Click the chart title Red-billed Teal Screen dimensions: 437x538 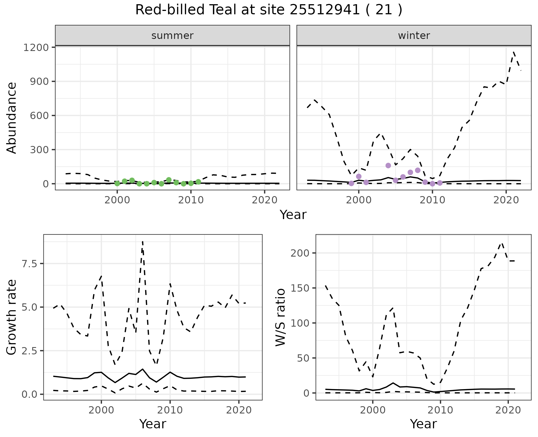click(x=268, y=10)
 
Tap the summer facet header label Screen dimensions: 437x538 click(x=172, y=36)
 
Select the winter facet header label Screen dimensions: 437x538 click(x=414, y=36)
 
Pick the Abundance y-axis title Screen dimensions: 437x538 click(x=12, y=118)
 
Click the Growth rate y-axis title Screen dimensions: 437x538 click(x=12, y=317)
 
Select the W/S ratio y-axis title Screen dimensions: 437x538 click(x=280, y=317)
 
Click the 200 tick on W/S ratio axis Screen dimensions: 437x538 click(x=300, y=253)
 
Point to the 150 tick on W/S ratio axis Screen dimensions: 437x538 click(x=300, y=288)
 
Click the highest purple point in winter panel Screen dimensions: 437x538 click(x=388, y=166)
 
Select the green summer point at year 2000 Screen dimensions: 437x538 click(x=117, y=183)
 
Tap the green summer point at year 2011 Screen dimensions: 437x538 click(x=198, y=182)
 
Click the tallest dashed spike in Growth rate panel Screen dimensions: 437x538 click(x=143, y=241)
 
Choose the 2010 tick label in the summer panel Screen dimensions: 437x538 click(x=191, y=200)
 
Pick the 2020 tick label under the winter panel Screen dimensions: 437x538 click(x=506, y=200)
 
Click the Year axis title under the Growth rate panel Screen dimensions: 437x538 click(x=153, y=424)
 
